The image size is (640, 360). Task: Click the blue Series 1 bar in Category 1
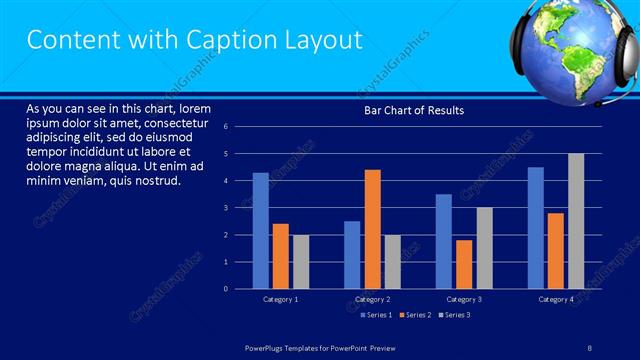coord(260,231)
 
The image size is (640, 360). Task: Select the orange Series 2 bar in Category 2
coord(372,229)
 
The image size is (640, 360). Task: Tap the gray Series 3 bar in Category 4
coord(576,221)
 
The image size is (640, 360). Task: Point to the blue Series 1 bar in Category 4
coord(536,228)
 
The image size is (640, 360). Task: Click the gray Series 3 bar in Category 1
coord(301,262)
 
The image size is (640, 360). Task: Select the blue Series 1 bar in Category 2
coord(352,255)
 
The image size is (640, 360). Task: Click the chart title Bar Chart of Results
coord(413,110)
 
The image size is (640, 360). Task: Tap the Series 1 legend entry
coord(375,315)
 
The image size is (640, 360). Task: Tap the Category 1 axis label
coord(280,300)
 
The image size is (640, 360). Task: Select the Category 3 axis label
coord(464,300)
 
